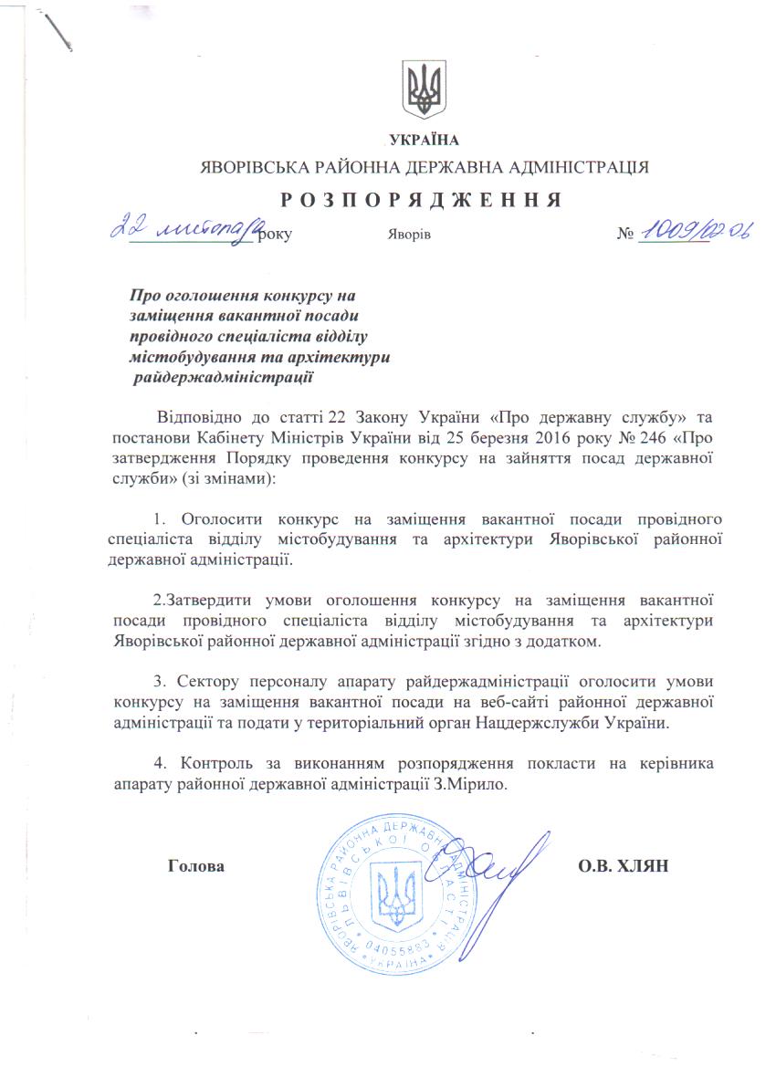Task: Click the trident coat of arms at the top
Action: click(x=425, y=89)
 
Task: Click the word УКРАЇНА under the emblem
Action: click(x=424, y=141)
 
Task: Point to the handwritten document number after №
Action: click(x=694, y=232)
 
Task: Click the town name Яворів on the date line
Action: click(x=410, y=235)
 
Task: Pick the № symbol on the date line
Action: click(x=625, y=235)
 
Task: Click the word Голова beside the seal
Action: click(x=196, y=864)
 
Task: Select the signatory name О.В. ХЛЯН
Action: click(x=624, y=864)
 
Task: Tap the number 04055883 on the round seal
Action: click(x=397, y=951)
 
